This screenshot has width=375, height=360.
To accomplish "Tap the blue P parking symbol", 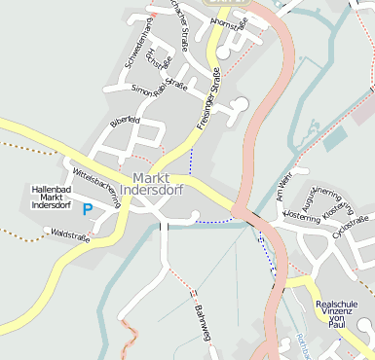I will (88, 208).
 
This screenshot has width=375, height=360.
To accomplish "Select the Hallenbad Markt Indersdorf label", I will (52, 197).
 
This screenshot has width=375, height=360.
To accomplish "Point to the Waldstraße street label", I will (69, 235).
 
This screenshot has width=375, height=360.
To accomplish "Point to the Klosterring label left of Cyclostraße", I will (301, 221).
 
